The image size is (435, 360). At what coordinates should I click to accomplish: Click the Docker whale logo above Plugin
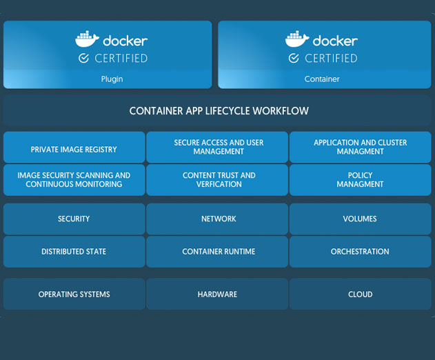point(87,39)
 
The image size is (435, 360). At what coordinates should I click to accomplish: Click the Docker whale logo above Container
point(297,39)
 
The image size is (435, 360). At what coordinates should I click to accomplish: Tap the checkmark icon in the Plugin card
point(83,59)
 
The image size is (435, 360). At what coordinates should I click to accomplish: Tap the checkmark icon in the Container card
point(294,59)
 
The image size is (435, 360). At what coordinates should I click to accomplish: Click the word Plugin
point(112,79)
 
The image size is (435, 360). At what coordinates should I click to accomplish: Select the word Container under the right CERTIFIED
point(322,79)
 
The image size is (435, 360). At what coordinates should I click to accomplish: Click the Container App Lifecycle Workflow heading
point(219,111)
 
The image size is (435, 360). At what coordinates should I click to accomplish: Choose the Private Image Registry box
point(74,147)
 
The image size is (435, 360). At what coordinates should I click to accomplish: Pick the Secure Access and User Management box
point(217,147)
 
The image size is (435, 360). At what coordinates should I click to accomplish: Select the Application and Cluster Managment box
point(361,147)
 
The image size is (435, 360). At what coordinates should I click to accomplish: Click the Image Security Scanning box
point(74,180)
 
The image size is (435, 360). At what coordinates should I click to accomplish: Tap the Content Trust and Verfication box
point(217,180)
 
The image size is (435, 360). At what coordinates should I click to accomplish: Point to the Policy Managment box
point(361,180)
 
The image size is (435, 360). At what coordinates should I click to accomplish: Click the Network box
point(217,219)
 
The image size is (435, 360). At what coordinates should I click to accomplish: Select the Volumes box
point(361,219)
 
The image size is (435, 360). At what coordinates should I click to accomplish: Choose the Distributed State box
point(74,252)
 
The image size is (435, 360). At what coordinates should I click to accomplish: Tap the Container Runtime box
point(217,252)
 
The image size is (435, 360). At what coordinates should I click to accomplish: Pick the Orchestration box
point(361,252)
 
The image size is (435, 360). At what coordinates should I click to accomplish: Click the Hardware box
point(217,294)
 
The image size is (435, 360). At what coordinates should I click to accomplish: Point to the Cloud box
point(361,294)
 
